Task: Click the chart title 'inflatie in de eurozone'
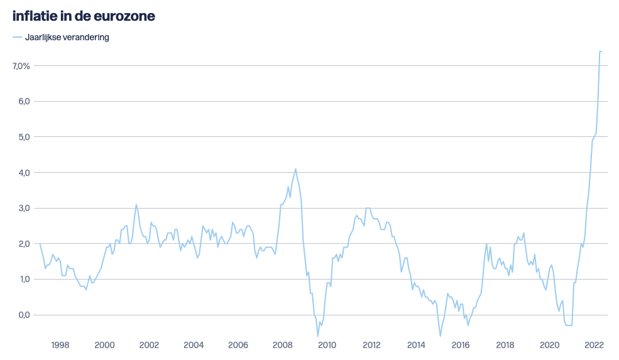84,16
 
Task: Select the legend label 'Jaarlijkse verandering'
67,37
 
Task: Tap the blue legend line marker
18,37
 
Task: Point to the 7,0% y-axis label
21,66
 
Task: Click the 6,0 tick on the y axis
24,101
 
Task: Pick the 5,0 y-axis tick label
24,137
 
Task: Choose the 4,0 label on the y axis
24,172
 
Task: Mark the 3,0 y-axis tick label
24,208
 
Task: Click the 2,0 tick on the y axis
24,244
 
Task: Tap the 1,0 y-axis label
24,279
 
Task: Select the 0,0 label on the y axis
24,315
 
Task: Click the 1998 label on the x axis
60,345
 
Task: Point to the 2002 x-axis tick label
149,345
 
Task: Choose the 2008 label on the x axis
282,345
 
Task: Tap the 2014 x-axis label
416,345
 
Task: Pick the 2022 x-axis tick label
594,345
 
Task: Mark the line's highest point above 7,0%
600,52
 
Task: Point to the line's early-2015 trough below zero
440,336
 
